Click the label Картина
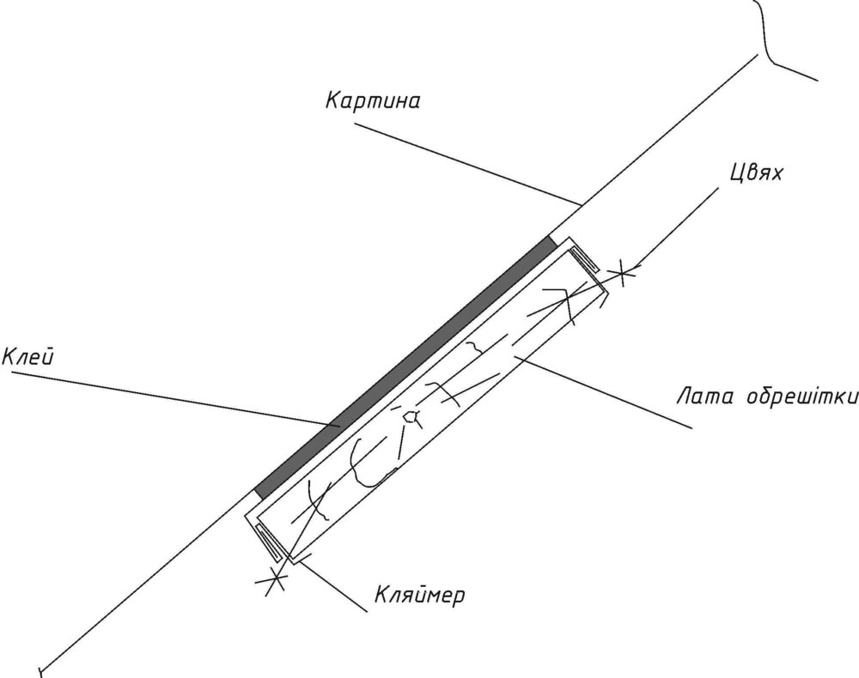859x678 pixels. (373, 102)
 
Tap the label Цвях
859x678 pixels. (756, 173)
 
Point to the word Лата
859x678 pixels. (704, 397)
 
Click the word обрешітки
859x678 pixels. (801, 397)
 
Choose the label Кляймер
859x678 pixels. (420, 594)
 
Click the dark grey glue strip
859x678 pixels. (406, 367)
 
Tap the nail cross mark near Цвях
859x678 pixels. (623, 272)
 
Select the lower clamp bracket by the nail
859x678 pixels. (268, 541)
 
